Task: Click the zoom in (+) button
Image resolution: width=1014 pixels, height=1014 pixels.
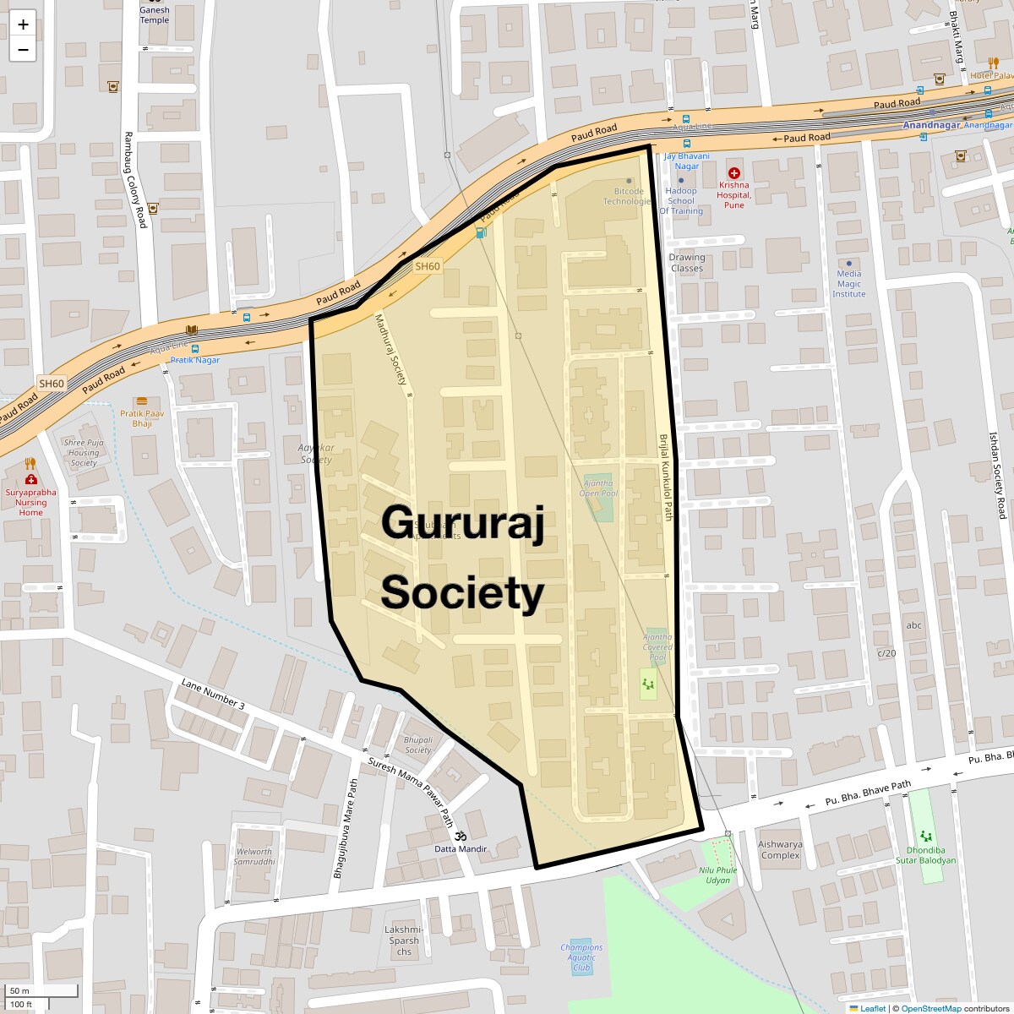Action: tap(23, 25)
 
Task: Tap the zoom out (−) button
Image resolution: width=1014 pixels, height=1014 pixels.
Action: tap(23, 49)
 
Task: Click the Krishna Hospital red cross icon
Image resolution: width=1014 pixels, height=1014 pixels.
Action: tap(733, 173)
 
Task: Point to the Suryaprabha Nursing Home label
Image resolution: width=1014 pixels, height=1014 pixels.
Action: tap(31, 502)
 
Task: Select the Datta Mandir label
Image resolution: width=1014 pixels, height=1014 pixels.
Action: tap(461, 848)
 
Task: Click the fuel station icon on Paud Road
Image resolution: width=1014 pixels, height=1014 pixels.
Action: tap(481, 232)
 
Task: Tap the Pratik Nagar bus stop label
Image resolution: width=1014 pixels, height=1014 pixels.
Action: tap(195, 360)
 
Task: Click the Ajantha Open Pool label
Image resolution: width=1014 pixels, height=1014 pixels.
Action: tap(598, 488)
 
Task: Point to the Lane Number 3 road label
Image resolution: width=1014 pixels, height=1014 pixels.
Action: tap(213, 694)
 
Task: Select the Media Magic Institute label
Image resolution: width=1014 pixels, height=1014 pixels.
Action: tap(849, 283)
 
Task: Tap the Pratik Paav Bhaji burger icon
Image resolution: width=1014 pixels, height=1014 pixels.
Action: tap(141, 401)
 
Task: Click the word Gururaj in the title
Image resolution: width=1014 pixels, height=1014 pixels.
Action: tap(461, 521)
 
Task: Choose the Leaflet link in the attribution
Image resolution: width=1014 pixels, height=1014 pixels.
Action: tap(872, 1008)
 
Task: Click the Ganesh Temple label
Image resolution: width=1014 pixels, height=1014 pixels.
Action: tap(155, 15)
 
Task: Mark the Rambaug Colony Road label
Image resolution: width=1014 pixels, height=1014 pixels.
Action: tap(135, 179)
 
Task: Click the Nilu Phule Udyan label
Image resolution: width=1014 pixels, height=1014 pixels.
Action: tap(714, 875)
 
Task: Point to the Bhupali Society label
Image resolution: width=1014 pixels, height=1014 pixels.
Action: tap(418, 744)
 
